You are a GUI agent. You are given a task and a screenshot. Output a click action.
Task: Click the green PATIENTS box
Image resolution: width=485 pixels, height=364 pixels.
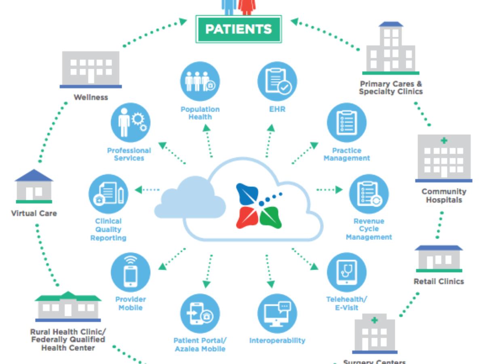tap(238, 29)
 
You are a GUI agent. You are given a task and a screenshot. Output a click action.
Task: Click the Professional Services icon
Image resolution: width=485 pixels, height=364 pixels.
tap(130, 122)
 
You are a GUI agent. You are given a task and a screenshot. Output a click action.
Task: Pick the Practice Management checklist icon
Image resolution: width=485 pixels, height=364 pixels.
tap(346, 123)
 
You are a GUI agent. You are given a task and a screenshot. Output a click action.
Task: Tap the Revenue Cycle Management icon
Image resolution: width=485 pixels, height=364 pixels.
tap(369, 194)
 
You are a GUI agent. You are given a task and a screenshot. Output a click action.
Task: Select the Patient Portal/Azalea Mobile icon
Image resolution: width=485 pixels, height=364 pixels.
tap(200, 313)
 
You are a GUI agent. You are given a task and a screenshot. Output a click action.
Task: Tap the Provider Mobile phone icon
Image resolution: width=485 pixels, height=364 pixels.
tap(130, 273)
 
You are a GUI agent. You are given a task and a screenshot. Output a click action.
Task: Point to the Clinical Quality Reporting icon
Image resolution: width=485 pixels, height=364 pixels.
tap(108, 194)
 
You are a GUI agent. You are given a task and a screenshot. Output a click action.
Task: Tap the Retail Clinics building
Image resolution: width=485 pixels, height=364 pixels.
tap(439, 259)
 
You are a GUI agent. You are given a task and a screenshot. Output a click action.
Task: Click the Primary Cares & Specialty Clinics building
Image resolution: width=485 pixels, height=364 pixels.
tap(390, 49)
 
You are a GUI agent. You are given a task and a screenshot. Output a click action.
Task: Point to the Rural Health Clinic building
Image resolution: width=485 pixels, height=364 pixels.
tap(68, 305)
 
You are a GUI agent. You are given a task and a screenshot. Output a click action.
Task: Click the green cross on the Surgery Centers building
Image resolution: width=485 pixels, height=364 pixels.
tap(375, 320)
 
